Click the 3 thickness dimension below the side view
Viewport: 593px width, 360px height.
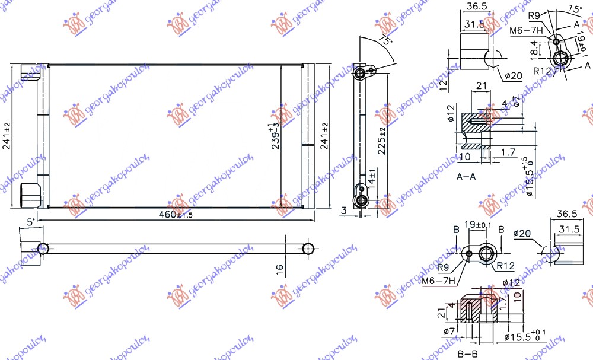click(x=345, y=209)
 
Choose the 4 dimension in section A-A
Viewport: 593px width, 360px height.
click(x=503, y=104)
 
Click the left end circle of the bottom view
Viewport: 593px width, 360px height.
click(x=42, y=248)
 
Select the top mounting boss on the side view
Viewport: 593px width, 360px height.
click(x=360, y=74)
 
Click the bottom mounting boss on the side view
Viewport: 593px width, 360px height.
click(x=360, y=201)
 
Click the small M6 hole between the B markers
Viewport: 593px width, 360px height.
click(x=470, y=255)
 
